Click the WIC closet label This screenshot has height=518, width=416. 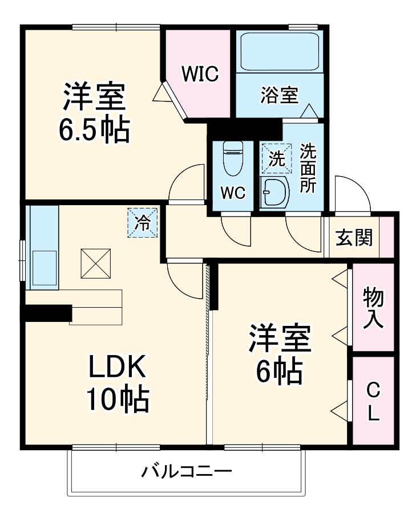(200, 75)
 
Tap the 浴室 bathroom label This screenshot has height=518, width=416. (279, 95)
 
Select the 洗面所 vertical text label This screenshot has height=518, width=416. (308, 169)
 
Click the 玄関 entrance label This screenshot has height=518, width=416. (354, 237)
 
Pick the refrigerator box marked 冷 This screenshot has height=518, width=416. (141, 222)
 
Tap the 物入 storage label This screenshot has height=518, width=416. (373, 307)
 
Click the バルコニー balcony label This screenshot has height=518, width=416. (187, 472)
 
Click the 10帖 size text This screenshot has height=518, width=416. (118, 400)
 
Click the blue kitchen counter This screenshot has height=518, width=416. (43, 248)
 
